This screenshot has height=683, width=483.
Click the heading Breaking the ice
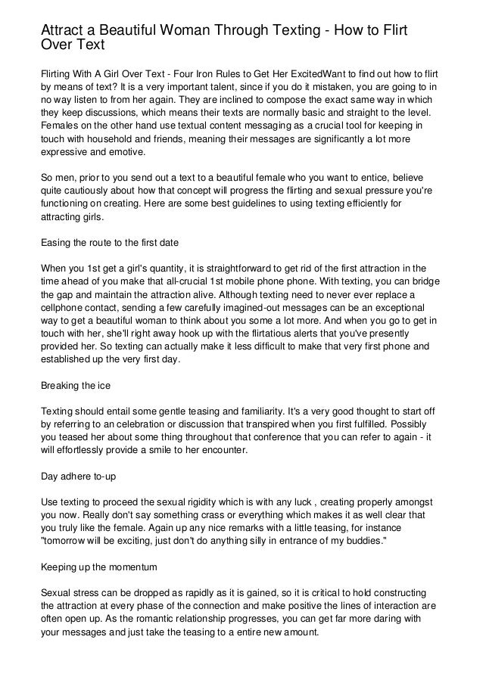75,385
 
